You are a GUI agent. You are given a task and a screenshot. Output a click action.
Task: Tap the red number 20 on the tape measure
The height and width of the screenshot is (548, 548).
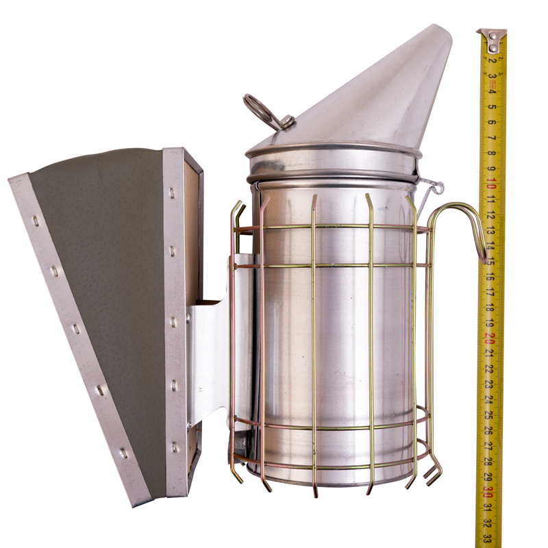[x=490, y=337]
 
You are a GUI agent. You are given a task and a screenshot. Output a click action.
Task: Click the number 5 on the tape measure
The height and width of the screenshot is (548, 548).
[x=492, y=107]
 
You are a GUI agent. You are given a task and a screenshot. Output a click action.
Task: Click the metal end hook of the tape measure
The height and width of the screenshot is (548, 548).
[x=492, y=42]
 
